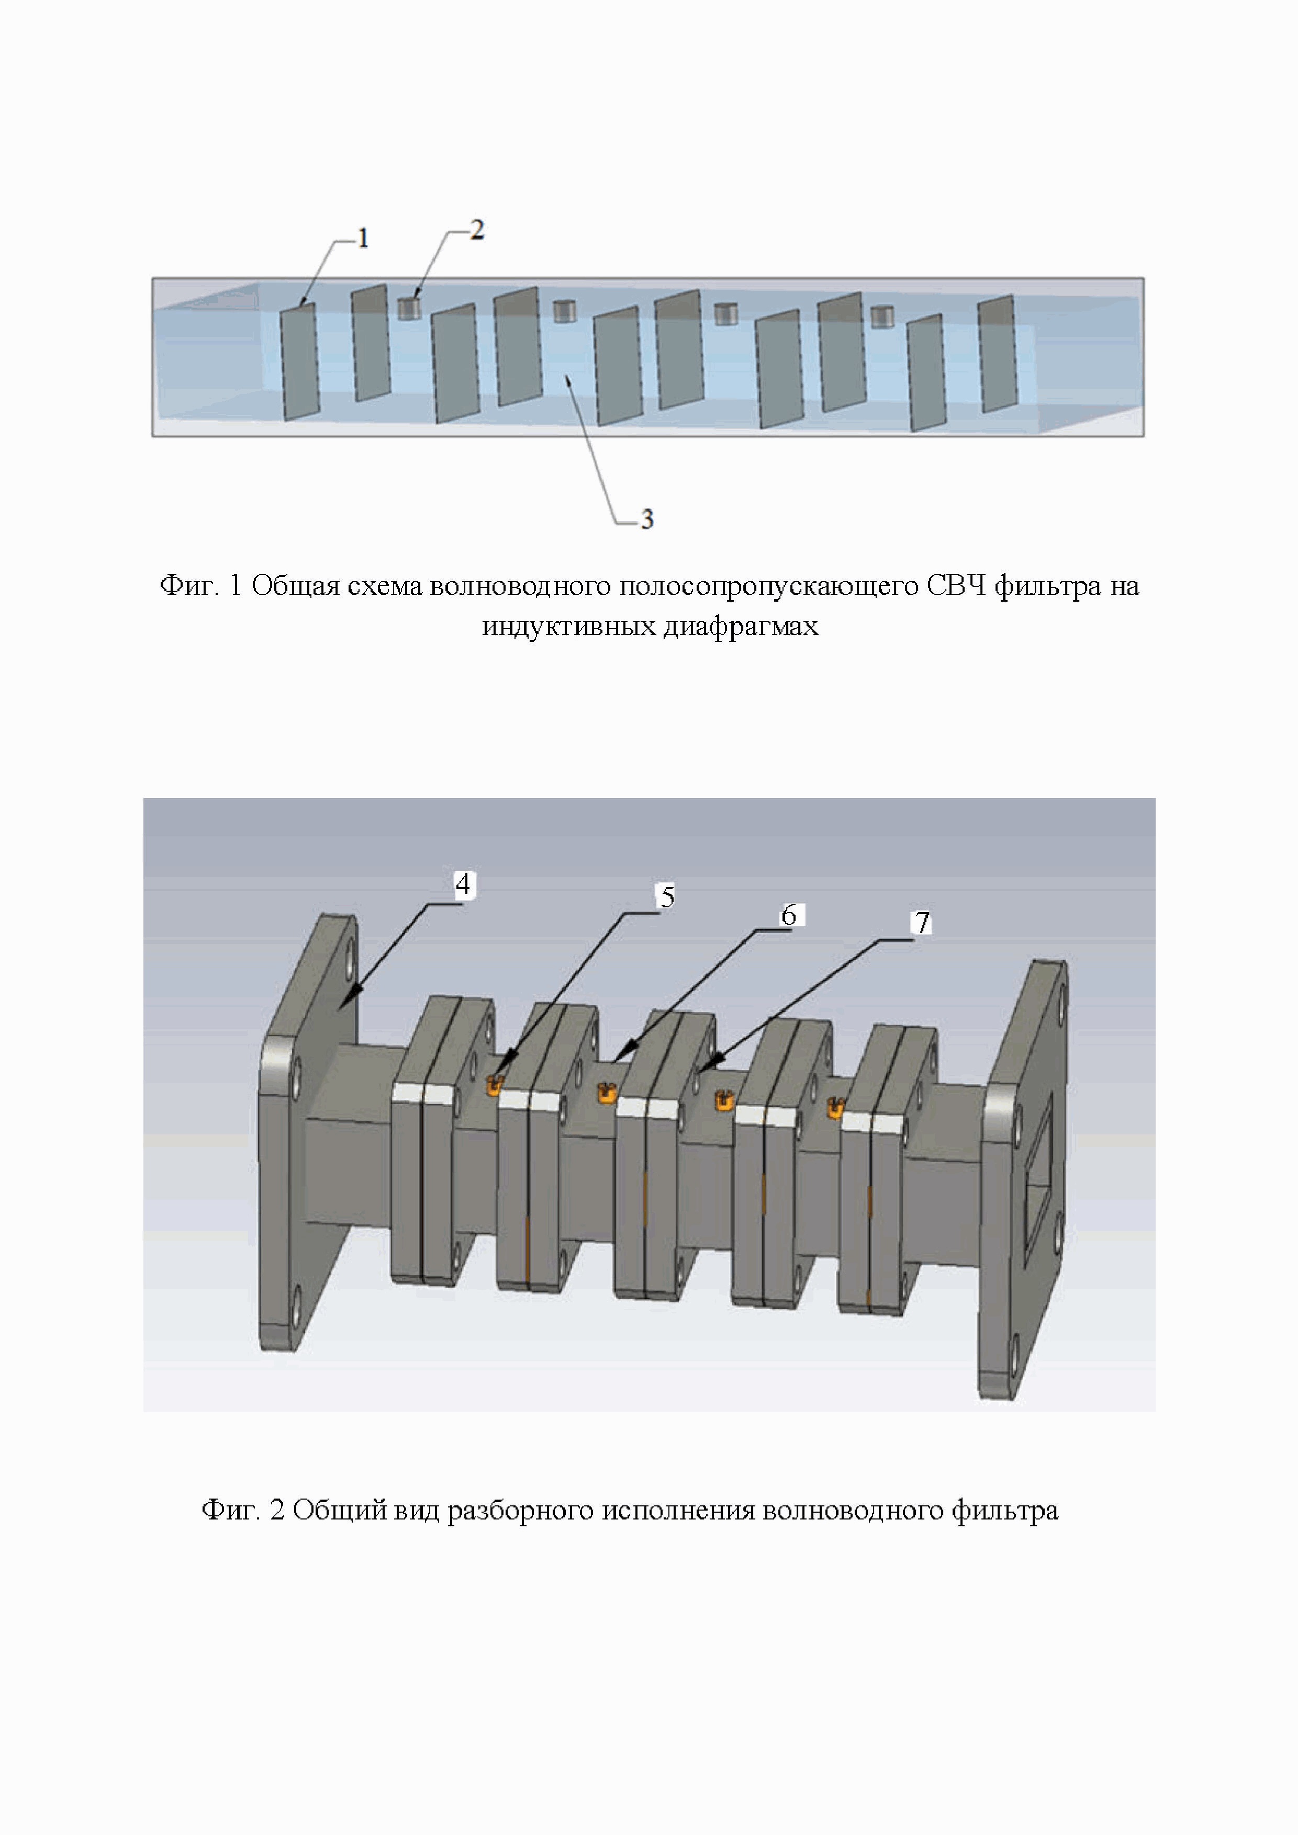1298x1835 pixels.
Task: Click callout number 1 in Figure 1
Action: [363, 238]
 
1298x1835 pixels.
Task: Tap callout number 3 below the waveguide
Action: [646, 520]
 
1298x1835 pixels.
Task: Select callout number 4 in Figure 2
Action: [462, 885]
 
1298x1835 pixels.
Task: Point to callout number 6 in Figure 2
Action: [789, 915]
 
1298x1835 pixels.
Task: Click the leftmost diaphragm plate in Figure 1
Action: [300, 361]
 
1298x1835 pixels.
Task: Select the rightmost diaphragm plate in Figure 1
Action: [998, 353]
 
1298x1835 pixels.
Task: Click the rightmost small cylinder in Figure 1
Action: [881, 317]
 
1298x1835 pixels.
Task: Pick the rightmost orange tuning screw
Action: [836, 1107]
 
